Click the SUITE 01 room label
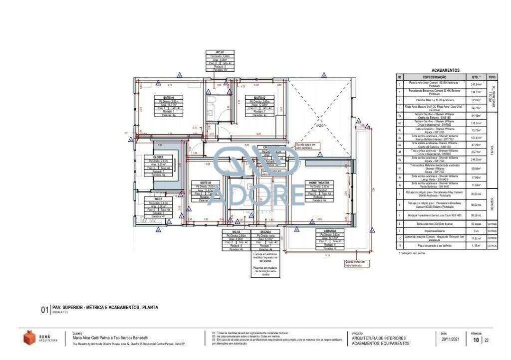pyautogui.click(x=168, y=97)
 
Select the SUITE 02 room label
pyautogui.click(x=259, y=97)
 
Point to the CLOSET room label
pyautogui.click(x=158, y=157)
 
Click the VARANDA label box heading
pyautogui.click(x=329, y=231)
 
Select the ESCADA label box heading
pyautogui.click(x=265, y=232)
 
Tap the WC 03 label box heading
pyautogui.click(x=236, y=232)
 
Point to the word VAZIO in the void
pyautogui.click(x=319, y=125)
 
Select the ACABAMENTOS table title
pyautogui.click(x=445, y=71)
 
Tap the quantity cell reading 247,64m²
pyautogui.click(x=476, y=85)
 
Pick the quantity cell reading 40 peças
pyautogui.click(x=476, y=224)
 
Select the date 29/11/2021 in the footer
pyautogui.click(x=451, y=340)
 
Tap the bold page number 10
pyautogui.click(x=476, y=340)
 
